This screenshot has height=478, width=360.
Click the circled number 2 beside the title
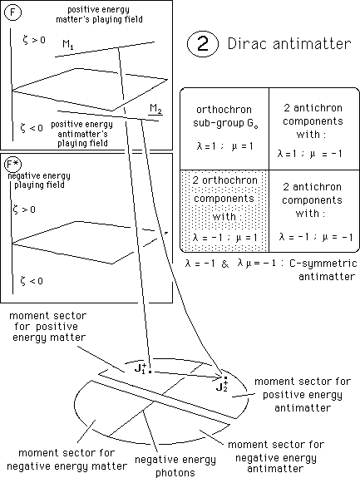[x=203, y=44]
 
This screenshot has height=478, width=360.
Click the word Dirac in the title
[x=248, y=43]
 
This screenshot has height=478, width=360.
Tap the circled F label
[x=12, y=12]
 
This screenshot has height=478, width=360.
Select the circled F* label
[x=13, y=165]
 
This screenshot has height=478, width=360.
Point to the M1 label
[x=68, y=45]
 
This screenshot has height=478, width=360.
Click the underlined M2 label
[x=155, y=109]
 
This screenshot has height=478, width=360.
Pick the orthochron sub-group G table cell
[x=224, y=129]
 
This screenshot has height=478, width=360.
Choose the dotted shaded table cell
[x=224, y=211]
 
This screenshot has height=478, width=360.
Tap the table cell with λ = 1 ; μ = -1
[x=314, y=129]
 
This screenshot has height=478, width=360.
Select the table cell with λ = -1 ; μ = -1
[x=314, y=211]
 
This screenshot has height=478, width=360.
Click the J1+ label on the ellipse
[x=141, y=368]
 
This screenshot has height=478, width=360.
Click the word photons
[x=175, y=472]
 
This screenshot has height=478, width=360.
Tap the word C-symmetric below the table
[x=323, y=263]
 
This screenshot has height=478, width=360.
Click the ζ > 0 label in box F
[x=34, y=40]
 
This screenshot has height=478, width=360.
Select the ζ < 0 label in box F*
[x=32, y=280]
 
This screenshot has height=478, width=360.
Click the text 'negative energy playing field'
[x=39, y=180]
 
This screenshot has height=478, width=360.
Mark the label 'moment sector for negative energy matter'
[x=67, y=460]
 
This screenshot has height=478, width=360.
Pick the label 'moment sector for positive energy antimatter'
[x=303, y=395]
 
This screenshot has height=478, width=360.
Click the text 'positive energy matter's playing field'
[x=99, y=15]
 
